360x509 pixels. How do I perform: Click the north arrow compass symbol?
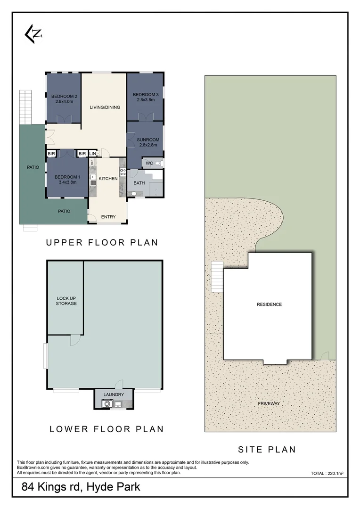(x=33, y=34)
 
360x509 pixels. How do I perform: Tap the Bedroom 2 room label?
(x=64, y=97)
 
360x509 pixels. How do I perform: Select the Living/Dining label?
(x=105, y=107)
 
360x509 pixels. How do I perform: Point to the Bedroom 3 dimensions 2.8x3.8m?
(x=146, y=100)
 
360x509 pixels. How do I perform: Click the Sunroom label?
(x=148, y=140)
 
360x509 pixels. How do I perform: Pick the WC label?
(x=149, y=163)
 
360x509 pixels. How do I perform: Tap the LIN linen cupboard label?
(x=92, y=154)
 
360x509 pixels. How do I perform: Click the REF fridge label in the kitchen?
(x=92, y=162)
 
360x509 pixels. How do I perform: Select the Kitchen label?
(x=108, y=179)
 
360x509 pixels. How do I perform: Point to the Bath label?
(x=139, y=183)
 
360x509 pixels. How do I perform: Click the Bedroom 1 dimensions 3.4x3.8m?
(x=67, y=182)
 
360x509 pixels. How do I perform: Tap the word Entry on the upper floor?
(x=108, y=217)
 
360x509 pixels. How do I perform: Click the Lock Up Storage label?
(x=66, y=301)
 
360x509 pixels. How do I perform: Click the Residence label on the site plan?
(x=269, y=304)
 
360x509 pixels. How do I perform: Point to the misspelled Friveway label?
(x=269, y=403)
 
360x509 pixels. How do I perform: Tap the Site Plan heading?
(x=267, y=450)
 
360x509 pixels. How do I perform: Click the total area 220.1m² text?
(x=327, y=473)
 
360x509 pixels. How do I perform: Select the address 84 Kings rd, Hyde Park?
(x=81, y=487)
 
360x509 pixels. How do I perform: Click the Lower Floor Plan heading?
(x=106, y=429)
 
